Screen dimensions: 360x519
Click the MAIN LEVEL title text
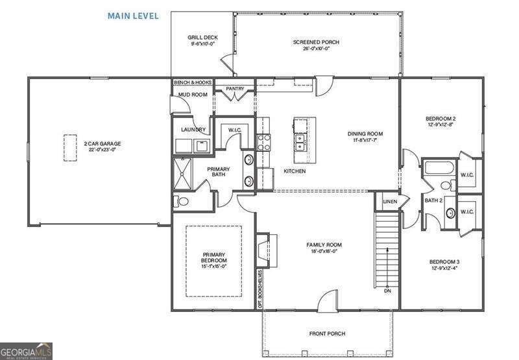point(132,16)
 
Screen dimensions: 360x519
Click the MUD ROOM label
point(193,95)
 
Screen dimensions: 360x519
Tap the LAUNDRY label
point(193,130)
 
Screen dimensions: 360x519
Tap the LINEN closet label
point(389,202)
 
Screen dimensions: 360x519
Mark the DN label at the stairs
point(388,291)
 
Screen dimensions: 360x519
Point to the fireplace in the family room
point(263,250)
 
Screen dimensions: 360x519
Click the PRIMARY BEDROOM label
point(214,258)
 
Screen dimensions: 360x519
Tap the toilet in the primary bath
point(182,201)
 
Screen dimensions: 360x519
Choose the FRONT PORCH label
point(327,334)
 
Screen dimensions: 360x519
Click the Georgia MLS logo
point(27,351)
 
